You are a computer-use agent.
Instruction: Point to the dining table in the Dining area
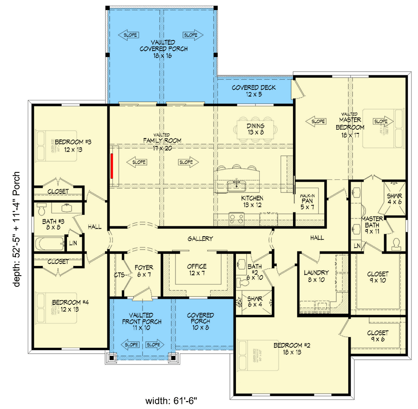[x=255, y=128]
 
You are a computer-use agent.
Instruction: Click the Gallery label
[x=200, y=238]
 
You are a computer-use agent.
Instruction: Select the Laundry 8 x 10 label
[x=316, y=277]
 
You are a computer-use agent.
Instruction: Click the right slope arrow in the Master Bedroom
[x=380, y=121]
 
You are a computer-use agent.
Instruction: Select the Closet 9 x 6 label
[x=377, y=336]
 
